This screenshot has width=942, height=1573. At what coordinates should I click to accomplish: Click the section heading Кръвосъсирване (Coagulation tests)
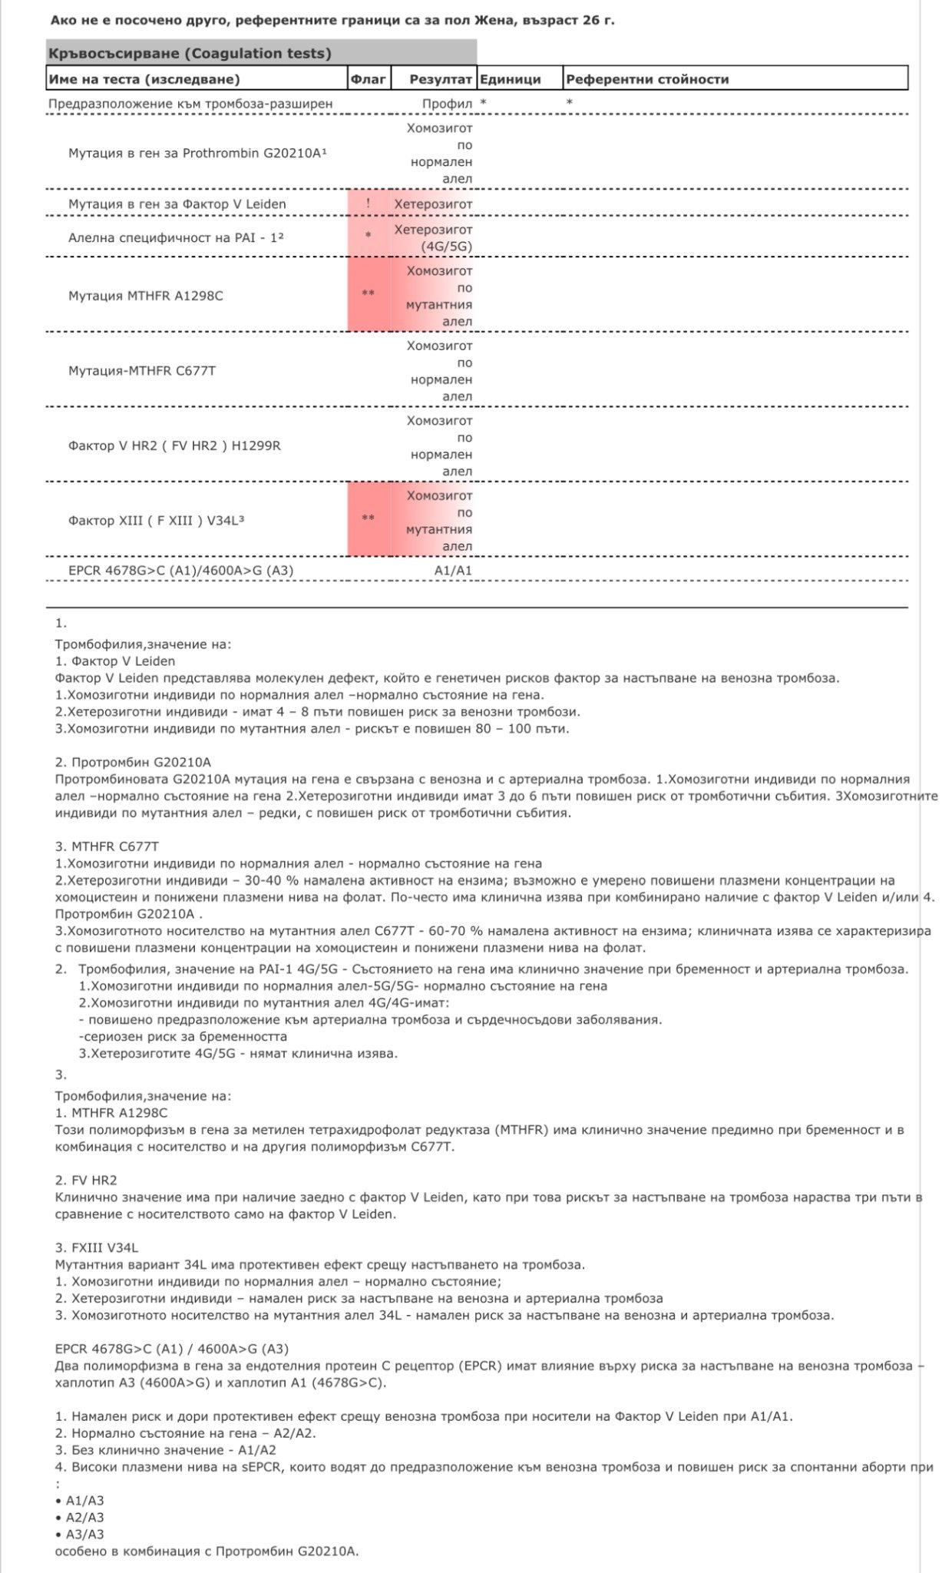[190, 53]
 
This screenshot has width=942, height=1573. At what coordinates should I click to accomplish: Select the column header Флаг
[368, 79]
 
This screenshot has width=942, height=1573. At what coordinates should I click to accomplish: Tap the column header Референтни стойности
[647, 79]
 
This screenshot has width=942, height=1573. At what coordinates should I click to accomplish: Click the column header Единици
[511, 79]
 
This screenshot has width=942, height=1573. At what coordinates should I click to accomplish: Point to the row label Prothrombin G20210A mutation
[197, 153]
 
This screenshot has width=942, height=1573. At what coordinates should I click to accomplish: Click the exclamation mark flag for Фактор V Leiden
[369, 204]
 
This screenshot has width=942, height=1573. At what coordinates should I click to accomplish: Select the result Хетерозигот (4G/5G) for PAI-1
[434, 237]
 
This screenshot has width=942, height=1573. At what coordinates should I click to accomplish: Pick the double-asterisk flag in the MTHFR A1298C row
[369, 294]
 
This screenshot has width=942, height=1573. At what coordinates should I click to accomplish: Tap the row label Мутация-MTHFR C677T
[142, 371]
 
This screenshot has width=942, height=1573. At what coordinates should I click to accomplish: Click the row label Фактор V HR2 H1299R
[174, 445]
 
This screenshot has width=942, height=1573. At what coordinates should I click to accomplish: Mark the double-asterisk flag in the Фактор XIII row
[369, 518]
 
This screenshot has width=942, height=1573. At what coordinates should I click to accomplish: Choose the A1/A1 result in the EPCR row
[453, 571]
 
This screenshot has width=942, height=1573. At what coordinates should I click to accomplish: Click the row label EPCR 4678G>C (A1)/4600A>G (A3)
[180, 571]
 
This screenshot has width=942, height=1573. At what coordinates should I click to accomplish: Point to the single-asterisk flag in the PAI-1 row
[369, 236]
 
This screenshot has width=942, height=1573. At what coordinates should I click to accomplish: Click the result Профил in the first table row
[447, 103]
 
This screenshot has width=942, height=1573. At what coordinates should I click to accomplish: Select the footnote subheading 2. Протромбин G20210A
[133, 763]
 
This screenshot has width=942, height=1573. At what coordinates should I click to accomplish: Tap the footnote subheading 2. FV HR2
[86, 1180]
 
